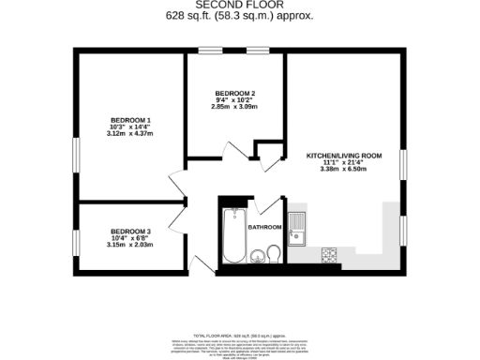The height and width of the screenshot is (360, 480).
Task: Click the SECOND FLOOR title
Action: (240, 5)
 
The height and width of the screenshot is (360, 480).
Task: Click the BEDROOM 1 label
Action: (130, 120)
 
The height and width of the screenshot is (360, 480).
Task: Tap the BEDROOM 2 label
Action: (234, 94)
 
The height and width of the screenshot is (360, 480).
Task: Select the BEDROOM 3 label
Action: (130, 232)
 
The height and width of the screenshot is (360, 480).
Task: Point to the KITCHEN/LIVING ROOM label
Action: (345, 155)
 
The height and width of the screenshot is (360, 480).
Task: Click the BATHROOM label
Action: (264, 227)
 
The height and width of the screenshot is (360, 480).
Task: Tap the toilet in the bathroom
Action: (273, 253)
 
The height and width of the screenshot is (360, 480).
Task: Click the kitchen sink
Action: (297, 228)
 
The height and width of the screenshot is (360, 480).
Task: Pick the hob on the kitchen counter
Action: (329, 253)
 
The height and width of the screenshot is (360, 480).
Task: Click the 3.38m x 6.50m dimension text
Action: (345, 170)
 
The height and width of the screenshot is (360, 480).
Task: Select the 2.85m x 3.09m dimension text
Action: (234, 109)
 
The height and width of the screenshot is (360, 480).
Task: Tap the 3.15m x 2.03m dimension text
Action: (130, 246)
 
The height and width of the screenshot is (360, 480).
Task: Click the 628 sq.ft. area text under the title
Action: (240, 16)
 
